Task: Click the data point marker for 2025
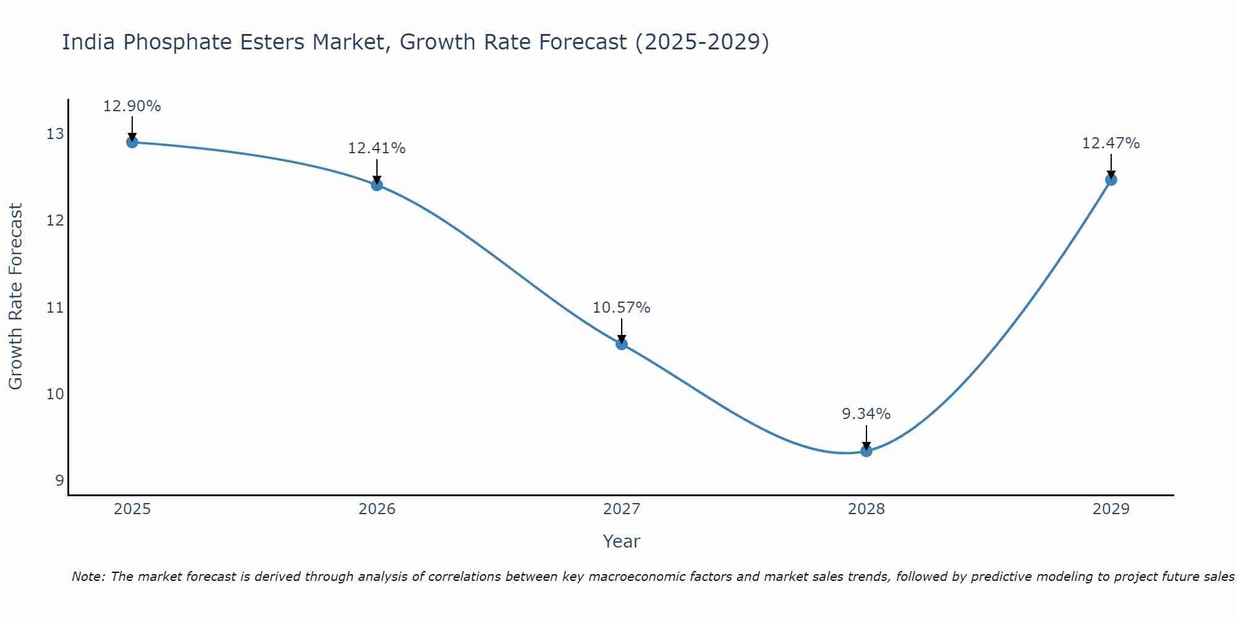[132, 142]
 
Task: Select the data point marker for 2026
[377, 185]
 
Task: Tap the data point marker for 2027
[622, 344]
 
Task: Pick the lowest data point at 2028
[866, 451]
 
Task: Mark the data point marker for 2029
[1111, 180]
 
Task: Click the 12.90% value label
[132, 106]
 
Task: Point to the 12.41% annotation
[377, 148]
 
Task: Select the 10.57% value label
[622, 308]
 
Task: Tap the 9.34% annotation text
[866, 414]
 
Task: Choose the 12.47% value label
[1111, 143]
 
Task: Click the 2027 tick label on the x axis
[622, 509]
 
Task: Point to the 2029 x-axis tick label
[1111, 509]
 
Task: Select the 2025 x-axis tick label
[132, 509]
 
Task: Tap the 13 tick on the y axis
[56, 134]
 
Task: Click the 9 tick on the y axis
[60, 481]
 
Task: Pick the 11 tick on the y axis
[56, 307]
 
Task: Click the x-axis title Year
[622, 541]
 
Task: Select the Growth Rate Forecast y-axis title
[16, 297]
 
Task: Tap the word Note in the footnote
[88, 577]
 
